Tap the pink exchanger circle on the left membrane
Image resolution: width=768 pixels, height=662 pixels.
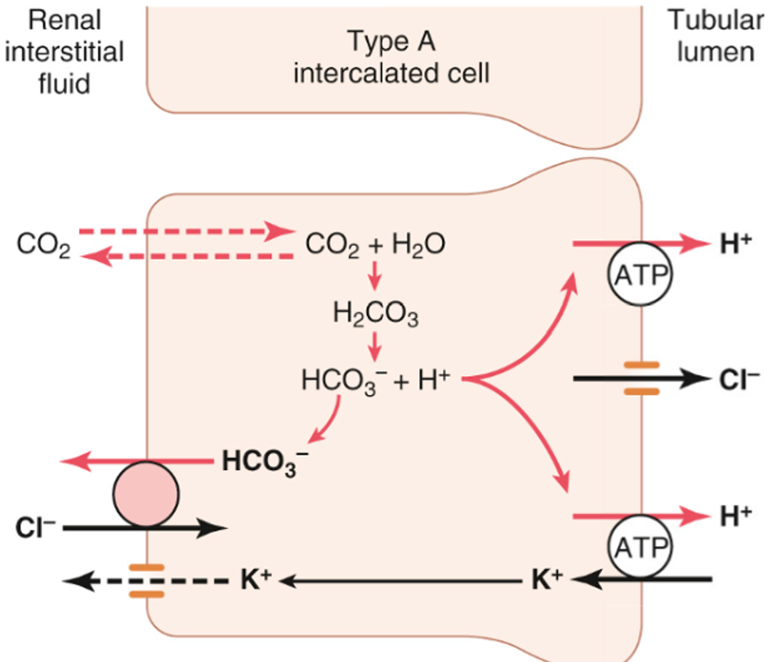click(x=146, y=495)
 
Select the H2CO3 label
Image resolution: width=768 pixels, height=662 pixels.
click(x=375, y=311)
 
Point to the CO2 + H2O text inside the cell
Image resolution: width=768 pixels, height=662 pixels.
click(x=375, y=244)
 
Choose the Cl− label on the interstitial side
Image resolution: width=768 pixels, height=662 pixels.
click(x=35, y=528)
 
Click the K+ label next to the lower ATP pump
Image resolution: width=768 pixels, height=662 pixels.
click(x=546, y=580)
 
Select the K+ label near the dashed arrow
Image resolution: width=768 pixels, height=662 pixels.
click(x=254, y=580)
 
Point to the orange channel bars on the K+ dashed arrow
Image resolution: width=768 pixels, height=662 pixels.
click(x=146, y=579)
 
